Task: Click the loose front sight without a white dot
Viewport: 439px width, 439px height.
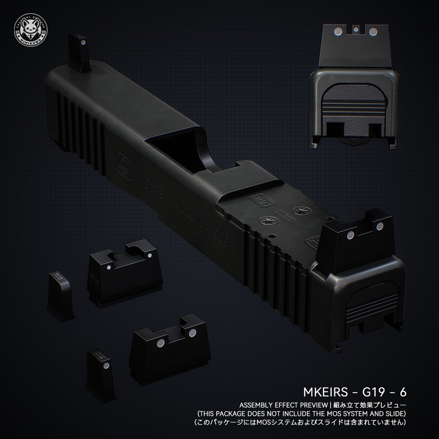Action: (60, 297)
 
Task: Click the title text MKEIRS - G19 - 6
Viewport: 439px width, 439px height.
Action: (355, 392)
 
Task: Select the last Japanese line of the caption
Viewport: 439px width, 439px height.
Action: (300, 422)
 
